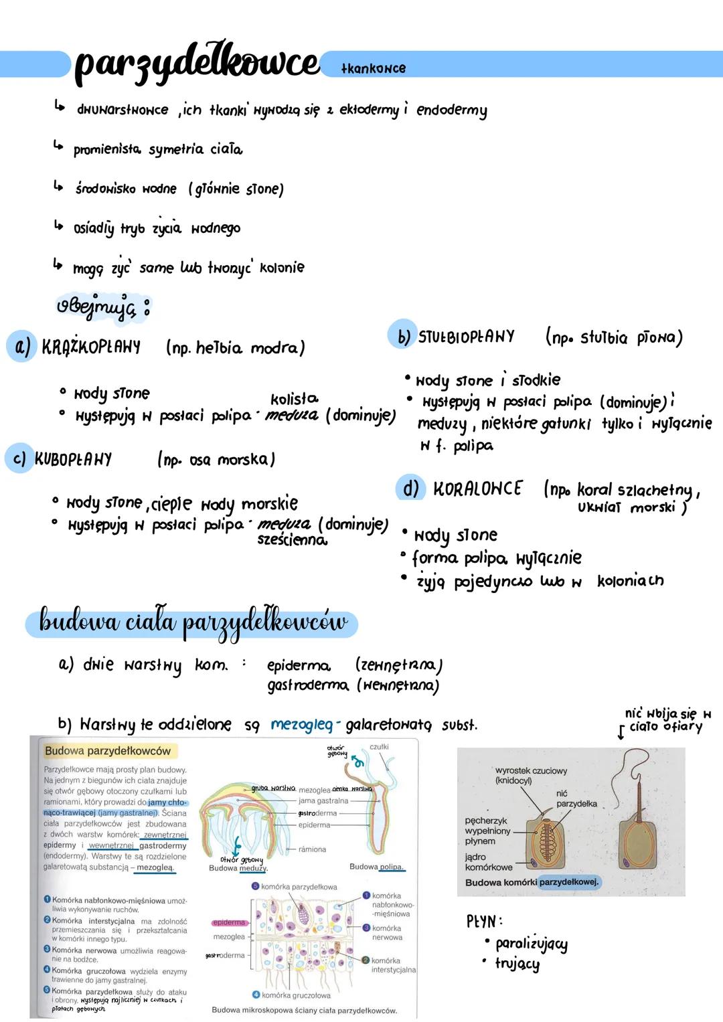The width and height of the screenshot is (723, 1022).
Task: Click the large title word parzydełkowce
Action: tap(197, 64)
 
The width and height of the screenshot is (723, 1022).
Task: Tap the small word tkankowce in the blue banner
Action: tap(373, 68)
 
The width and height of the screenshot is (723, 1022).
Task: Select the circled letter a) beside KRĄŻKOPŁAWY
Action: tap(22, 346)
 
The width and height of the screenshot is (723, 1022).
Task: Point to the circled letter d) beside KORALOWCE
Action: tap(410, 489)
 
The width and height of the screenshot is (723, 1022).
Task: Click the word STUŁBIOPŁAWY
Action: tap(467, 337)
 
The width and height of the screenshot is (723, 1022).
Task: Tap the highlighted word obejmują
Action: tap(96, 307)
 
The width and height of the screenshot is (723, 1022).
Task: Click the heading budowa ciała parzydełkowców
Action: tap(193, 622)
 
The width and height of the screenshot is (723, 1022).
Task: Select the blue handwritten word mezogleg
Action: tap(301, 725)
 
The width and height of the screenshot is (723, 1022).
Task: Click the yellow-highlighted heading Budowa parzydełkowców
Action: tap(108, 751)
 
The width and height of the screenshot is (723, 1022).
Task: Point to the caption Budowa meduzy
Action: tap(238, 868)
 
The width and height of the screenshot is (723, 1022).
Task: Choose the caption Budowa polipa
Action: tap(377, 867)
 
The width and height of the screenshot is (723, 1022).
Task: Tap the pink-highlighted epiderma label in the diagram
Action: tap(229, 922)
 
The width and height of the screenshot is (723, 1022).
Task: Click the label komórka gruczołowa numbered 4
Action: tap(295, 995)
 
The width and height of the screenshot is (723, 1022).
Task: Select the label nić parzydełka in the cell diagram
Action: tap(576, 798)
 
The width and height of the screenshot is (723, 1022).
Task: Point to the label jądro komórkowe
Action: tap(488, 862)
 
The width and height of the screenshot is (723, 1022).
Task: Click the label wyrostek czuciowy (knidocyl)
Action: tap(530, 775)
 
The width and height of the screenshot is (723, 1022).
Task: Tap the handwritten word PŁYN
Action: tap(484, 922)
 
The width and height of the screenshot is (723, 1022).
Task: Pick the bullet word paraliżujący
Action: tap(531, 944)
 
